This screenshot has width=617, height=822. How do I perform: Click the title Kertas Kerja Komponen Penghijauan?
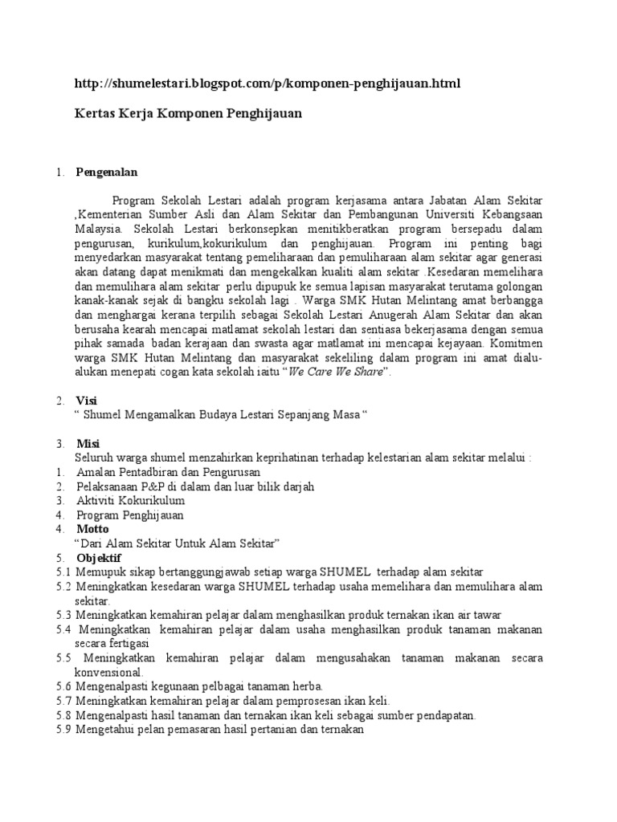[188, 113]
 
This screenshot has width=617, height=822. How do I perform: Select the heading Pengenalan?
[107, 172]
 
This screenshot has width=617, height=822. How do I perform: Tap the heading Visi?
[86, 400]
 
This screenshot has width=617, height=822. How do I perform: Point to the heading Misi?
[88, 444]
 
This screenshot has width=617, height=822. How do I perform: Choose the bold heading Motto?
[93, 529]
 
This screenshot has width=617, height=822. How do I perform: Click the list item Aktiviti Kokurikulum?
[130, 500]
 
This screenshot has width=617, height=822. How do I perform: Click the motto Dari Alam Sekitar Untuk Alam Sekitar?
[176, 543]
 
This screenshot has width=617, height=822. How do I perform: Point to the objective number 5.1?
[64, 572]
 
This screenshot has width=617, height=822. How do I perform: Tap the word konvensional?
[108, 671]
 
